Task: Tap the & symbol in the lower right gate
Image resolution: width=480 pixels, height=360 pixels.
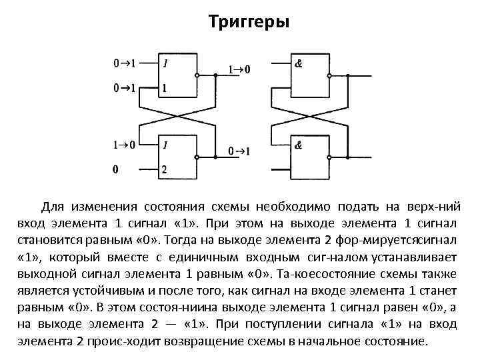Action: pyautogui.click(x=299, y=145)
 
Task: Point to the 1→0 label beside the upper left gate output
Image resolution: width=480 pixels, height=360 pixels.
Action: pyautogui.click(x=240, y=69)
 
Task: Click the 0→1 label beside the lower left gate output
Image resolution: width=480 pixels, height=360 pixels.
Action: pyautogui.click(x=240, y=152)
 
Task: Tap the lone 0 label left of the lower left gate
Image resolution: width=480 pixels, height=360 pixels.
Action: pyautogui.click(x=115, y=169)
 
